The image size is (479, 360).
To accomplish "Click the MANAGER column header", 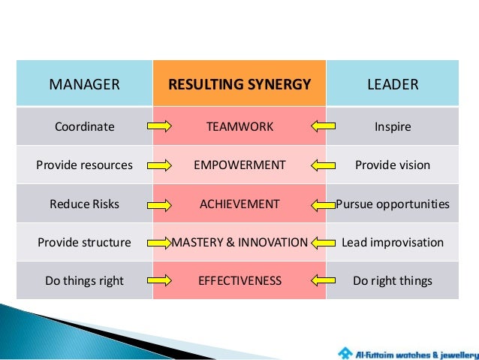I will coord(84,83).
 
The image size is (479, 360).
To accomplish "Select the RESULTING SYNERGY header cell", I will coord(239,83).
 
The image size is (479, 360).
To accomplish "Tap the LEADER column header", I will coord(393,83).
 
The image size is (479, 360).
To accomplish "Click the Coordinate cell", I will coord(84,126).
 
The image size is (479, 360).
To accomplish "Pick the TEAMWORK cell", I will coord(239,126).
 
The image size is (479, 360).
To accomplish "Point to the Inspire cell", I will coord(393,126).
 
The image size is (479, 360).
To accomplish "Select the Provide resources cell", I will coord(84,165).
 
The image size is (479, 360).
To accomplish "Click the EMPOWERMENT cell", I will coord(239,165).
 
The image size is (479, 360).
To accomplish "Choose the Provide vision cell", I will coord(393,165).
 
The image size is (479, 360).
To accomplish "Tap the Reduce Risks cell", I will coord(84,204).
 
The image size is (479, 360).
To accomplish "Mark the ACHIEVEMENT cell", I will coord(239,204).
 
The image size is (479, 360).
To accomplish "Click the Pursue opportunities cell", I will coord(393,204).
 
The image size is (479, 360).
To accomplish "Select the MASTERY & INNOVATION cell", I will coord(239,243).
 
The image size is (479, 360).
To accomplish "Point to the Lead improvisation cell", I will coord(393,243).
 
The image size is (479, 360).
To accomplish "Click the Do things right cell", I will coord(84,281).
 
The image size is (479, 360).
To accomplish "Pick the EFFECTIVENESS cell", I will coord(239,281).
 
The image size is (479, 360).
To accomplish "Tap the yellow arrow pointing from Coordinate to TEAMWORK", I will coord(159,126).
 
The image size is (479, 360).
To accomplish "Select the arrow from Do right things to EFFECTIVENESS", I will coord(321,281).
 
